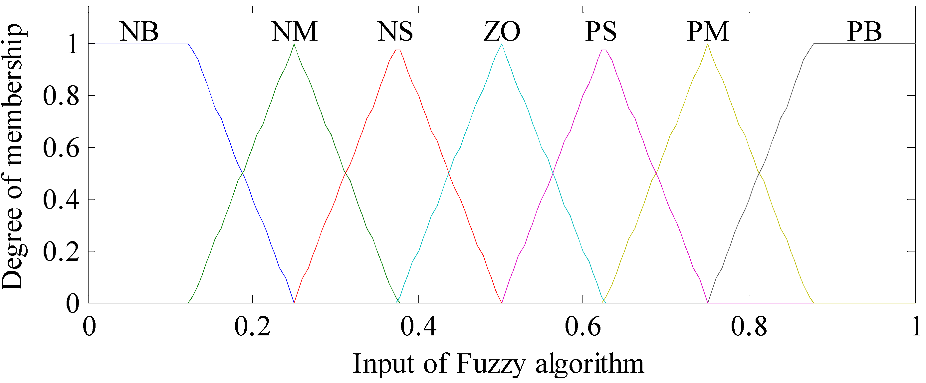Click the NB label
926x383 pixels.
[139, 32]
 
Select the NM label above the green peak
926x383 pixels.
[294, 32]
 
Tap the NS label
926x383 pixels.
[395, 32]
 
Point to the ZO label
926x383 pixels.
[502, 32]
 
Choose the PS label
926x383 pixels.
[601, 32]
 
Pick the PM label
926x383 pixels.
[708, 32]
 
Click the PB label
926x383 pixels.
[864, 32]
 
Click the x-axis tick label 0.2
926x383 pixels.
[252, 326]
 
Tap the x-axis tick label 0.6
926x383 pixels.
[583, 326]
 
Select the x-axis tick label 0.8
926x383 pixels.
[749, 326]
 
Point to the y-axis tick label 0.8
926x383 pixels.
[61, 96]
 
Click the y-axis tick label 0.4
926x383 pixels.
[61, 200]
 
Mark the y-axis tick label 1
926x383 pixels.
[73, 45]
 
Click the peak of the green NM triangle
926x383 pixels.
[294, 44]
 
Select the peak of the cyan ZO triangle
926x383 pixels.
[502, 44]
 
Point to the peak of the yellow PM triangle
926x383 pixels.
[708, 44]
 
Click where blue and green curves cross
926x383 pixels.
[243, 173]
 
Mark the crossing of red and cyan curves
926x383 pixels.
[449, 174]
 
